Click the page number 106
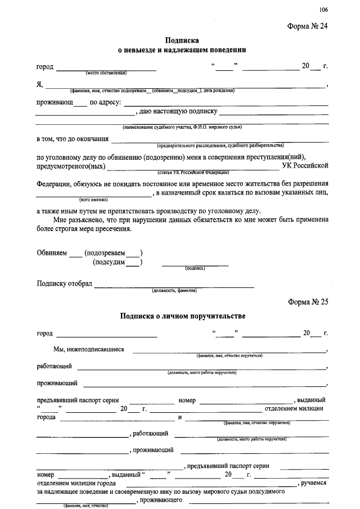(323, 9)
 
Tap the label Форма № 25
(308, 301)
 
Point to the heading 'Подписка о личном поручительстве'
(183, 316)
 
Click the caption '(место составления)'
(106, 74)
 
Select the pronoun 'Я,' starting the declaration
(39, 85)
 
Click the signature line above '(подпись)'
(195, 264)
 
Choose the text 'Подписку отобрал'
(64, 283)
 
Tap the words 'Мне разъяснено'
(77, 220)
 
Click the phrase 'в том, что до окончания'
(72, 138)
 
